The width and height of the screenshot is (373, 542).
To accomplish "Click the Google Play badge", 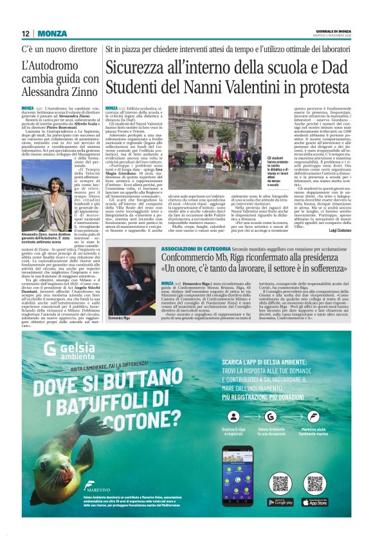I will tap(279, 501).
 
